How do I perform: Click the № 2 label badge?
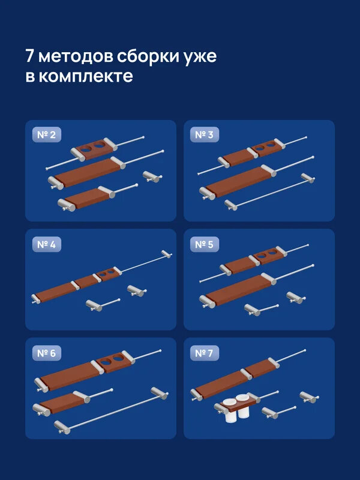tap(46, 136)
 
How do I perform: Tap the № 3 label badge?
tap(204, 136)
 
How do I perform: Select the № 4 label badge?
tap(46, 244)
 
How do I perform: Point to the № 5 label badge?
tap(204, 244)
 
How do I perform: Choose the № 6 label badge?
tap(46, 353)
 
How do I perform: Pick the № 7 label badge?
tap(204, 353)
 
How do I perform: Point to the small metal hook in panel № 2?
tap(151, 176)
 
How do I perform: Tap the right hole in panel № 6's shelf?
tap(118, 358)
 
